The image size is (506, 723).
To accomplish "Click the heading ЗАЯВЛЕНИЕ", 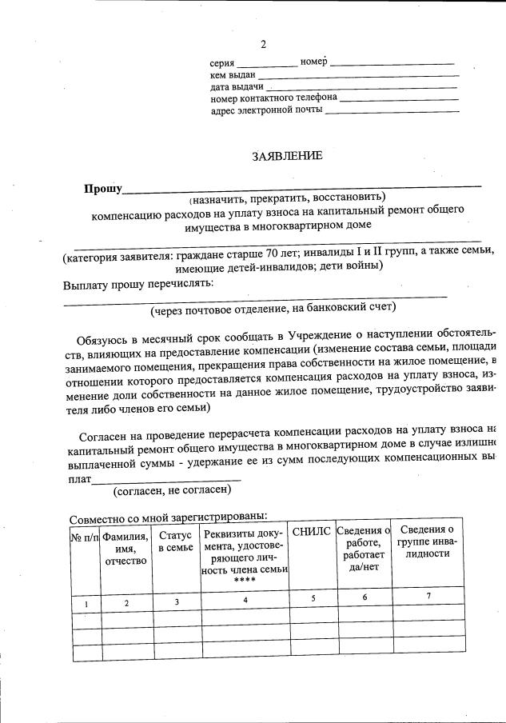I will [x=287, y=156].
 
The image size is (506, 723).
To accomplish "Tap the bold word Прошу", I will [x=103, y=189].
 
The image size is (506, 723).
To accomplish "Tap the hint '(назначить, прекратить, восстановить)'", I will [x=287, y=198].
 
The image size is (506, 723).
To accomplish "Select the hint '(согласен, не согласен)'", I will [x=172, y=489].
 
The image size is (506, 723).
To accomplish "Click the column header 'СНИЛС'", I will [x=311, y=532].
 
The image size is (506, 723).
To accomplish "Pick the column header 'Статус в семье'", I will [x=176, y=541].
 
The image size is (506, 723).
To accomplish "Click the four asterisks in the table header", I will [x=245, y=581].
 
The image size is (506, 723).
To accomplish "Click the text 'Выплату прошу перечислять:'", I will [x=138, y=283].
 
